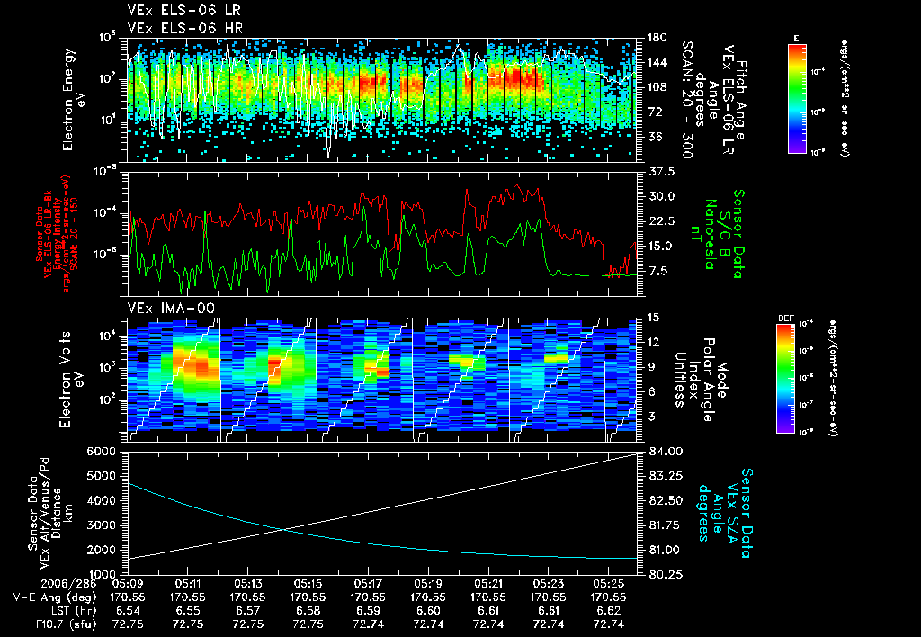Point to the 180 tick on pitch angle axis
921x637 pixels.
[x=655, y=38]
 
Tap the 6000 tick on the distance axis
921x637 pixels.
[x=102, y=451]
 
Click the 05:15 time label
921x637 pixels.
[x=308, y=584]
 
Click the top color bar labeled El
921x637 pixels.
[x=797, y=94]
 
